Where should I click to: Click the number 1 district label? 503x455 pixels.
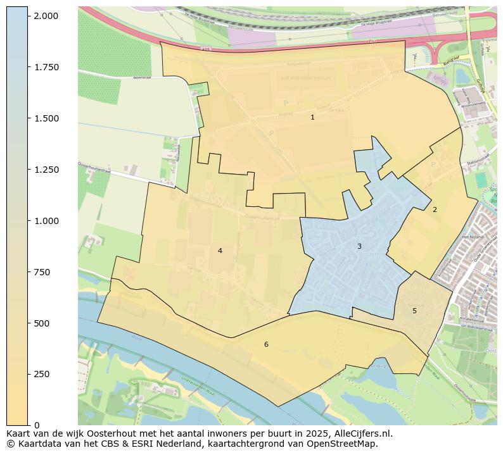pos(312,118)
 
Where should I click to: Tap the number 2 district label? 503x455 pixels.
pos(435,209)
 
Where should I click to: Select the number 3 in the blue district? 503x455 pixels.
pos(359,246)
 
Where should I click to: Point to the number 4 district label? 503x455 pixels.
pos(220,251)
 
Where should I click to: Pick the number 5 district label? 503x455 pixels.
pos(414,311)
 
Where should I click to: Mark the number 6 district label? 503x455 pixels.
pos(266,344)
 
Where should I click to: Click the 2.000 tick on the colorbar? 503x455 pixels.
pos(46,16)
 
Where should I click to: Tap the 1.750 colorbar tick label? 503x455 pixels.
pos(46,67)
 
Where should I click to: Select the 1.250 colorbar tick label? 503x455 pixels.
pos(46,170)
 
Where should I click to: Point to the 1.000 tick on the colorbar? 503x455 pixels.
pos(46,221)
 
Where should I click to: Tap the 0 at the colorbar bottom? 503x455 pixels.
pos(36,425)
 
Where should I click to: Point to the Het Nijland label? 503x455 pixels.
pos(473,236)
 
